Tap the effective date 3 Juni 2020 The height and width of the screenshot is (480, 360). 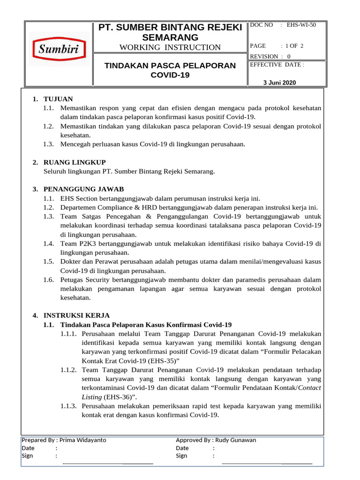point(280,82)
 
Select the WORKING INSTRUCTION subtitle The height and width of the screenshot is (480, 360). point(170,47)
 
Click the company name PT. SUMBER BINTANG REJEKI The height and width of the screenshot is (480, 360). point(170,27)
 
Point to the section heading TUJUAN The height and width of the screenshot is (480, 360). point(58,99)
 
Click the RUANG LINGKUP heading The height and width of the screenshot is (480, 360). point(75,162)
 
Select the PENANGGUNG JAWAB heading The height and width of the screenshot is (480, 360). point(83,189)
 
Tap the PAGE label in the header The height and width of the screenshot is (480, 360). point(258,45)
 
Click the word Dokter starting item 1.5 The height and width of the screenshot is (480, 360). point(70,262)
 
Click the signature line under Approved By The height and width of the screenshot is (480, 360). point(267,463)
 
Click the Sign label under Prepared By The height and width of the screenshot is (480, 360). point(27,456)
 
